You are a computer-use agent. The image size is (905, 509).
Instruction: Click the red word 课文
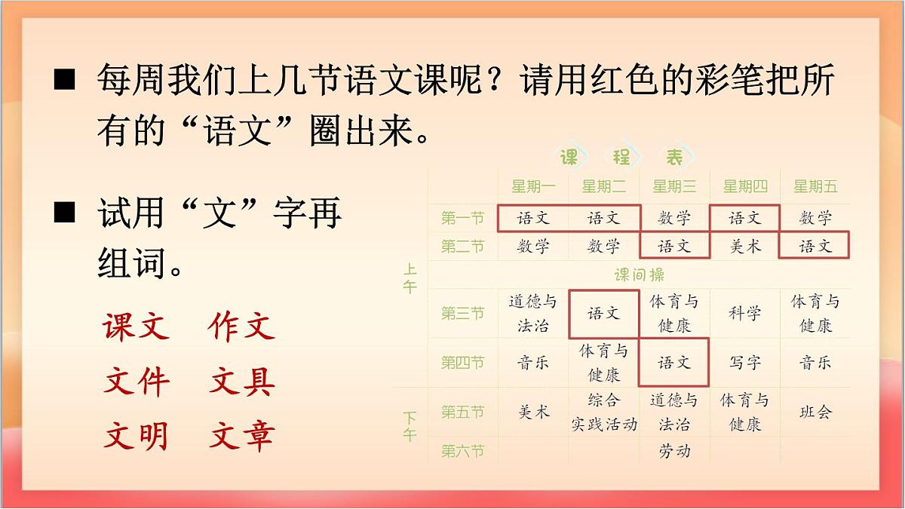(x=136, y=327)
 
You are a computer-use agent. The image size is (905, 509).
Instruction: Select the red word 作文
(x=241, y=327)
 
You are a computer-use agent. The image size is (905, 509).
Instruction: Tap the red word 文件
(x=136, y=382)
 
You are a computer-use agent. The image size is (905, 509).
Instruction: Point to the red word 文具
(x=241, y=382)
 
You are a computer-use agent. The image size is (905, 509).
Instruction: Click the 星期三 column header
(x=674, y=186)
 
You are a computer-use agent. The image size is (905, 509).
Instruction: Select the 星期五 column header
(x=815, y=186)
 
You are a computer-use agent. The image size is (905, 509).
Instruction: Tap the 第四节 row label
(x=462, y=363)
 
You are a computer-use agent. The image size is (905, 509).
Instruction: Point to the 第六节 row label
(x=462, y=451)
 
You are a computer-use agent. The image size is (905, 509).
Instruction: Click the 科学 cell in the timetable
(x=744, y=313)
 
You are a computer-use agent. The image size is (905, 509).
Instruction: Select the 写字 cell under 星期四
(x=744, y=363)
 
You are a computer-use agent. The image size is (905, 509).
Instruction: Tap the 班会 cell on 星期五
(x=815, y=412)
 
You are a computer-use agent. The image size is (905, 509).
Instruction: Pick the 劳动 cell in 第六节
(x=674, y=451)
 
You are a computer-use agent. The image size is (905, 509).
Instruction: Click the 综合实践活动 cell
(x=604, y=412)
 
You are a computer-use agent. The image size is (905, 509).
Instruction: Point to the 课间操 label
(x=639, y=274)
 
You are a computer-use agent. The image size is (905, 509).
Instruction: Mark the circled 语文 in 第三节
(x=604, y=313)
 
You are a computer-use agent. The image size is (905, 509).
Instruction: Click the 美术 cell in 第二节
(x=744, y=246)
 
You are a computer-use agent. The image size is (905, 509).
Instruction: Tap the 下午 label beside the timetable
(x=410, y=425)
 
